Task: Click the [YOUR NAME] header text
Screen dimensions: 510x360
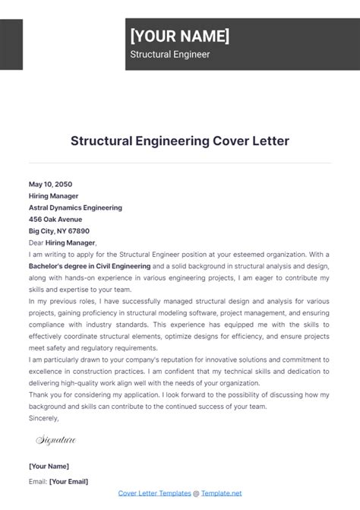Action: [179, 36]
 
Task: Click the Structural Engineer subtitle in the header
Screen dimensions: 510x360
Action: [170, 55]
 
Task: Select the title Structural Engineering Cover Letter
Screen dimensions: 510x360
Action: [180, 141]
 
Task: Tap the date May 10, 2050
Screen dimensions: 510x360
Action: [51, 184]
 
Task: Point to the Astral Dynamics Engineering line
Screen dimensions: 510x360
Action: [75, 207]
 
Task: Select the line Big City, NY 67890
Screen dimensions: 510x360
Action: [59, 230]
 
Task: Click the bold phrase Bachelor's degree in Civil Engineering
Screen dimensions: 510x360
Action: [90, 266]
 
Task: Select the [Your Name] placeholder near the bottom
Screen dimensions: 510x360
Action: [49, 466]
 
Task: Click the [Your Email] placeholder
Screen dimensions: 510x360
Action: [68, 481]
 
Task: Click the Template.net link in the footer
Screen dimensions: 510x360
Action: [221, 493]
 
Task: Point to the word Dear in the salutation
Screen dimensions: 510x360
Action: [36, 242]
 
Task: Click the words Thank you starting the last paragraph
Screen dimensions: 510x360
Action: [45, 394]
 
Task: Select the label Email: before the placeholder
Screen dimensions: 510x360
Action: [37, 481]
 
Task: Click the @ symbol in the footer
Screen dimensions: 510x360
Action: [195, 493]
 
